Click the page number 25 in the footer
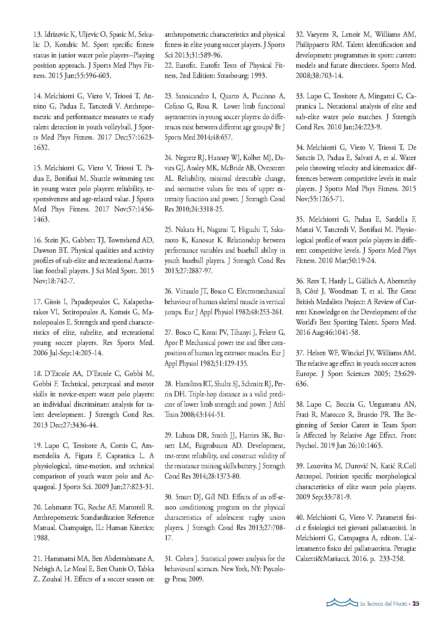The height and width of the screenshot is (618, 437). pos(416,604)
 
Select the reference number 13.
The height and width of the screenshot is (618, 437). pos(37,35)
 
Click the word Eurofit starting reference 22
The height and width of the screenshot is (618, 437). pos(186,66)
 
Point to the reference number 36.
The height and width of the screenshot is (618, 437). pos(300,281)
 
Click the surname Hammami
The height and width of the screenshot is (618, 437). pos(60,559)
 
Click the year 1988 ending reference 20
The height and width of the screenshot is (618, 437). pos(41,538)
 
